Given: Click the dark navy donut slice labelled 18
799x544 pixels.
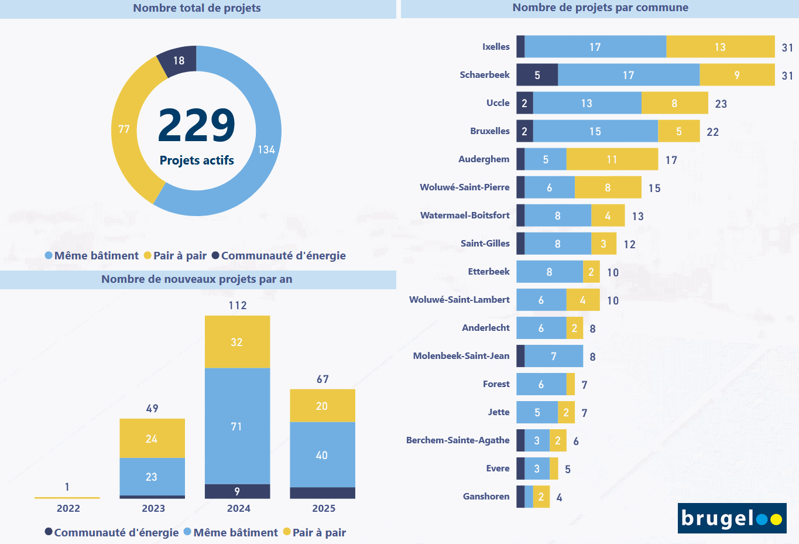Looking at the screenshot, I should pos(178,60).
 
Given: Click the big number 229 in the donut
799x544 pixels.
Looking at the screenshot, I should pos(197,125).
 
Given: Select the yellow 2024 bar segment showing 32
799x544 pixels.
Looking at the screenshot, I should pos(237,342).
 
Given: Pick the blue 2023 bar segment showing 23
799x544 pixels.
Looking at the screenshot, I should pos(152,477).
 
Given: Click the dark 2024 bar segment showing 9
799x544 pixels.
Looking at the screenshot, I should pos(237,491).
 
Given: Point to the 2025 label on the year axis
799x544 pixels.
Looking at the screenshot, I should pos(323,508).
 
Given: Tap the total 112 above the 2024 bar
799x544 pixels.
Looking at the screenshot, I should pos(238,305).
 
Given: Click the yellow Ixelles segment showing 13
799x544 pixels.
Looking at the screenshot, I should pos(720,47).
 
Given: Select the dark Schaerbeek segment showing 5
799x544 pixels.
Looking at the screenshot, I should pos(537,75).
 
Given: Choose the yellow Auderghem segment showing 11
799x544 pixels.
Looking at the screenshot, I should pos(612,159).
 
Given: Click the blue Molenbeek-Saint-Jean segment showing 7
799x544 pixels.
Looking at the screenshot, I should pos(554,356).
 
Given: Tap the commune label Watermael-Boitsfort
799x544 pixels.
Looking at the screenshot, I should pos(465,215).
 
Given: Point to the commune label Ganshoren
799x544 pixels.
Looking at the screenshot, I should pos(486,497).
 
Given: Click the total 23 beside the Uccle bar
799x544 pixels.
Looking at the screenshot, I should pos(721,104).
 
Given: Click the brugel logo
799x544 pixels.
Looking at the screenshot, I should pos(732,518).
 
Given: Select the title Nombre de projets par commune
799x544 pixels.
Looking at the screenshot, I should pos(600,8).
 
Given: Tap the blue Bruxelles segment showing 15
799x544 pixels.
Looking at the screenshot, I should pos(595,131).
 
